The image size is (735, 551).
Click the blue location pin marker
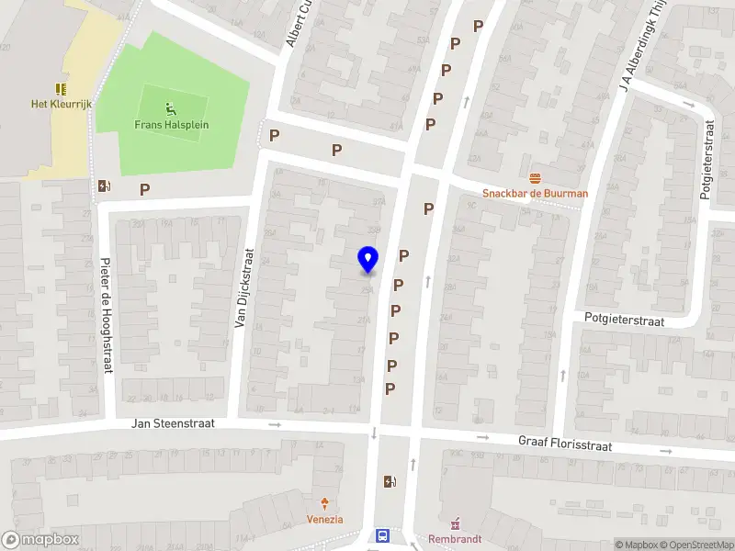click(368, 259)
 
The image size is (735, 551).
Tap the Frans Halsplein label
click(171, 125)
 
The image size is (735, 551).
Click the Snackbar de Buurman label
click(536, 193)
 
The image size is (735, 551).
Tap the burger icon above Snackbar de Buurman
click(536, 177)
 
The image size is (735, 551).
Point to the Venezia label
click(324, 519)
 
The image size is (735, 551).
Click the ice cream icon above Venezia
click(324, 503)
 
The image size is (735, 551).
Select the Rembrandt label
click(455, 539)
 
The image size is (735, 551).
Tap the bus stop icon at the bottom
click(382, 537)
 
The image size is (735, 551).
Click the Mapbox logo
click(40, 540)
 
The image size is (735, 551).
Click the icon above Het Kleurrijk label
click(62, 89)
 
